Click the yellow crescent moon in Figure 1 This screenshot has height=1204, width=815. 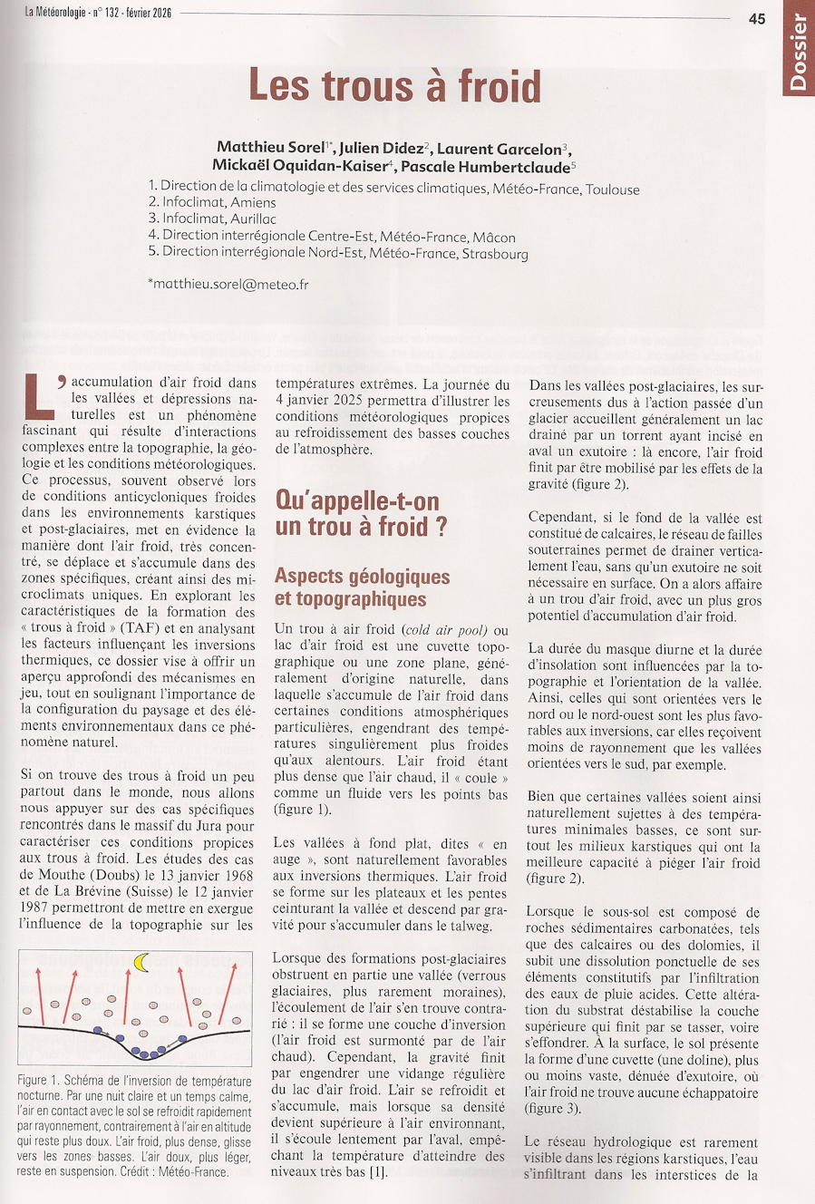[x=141, y=962]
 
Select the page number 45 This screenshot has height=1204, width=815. [x=756, y=18]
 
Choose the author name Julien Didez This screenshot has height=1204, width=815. [x=381, y=149]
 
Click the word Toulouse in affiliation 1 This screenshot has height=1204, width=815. [x=612, y=189]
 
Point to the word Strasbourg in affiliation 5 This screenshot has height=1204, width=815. [x=495, y=254]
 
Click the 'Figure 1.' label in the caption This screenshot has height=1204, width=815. [x=38, y=1081]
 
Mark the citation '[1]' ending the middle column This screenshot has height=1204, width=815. [x=378, y=1172]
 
